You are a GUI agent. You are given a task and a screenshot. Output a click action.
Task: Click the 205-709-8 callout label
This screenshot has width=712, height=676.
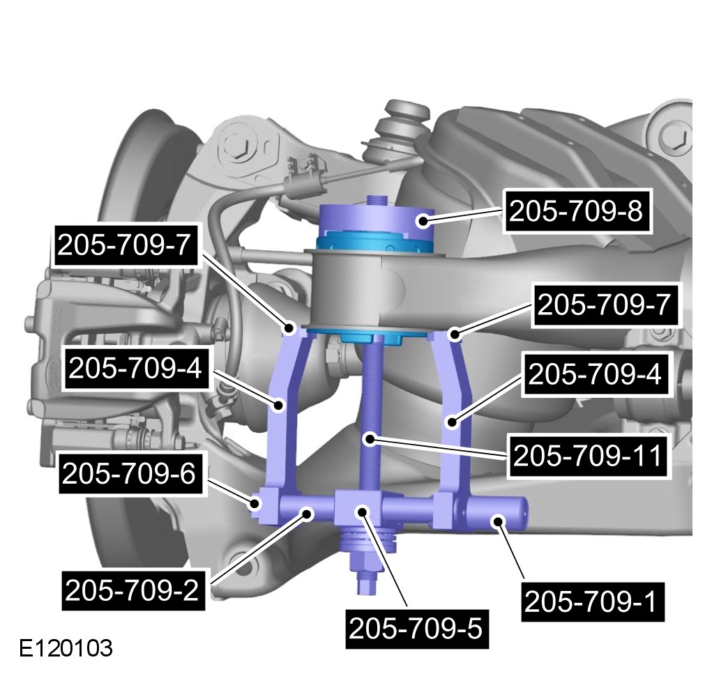[x=576, y=210]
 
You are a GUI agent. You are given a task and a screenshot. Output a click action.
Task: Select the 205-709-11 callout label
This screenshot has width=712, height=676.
[x=588, y=456]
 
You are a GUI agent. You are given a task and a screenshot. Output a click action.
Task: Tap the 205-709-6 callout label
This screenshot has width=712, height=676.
[x=129, y=473]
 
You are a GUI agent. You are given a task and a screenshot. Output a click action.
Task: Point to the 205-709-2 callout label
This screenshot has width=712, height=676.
[x=132, y=590]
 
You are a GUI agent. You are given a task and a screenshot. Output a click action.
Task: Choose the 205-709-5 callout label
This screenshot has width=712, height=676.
[x=416, y=629]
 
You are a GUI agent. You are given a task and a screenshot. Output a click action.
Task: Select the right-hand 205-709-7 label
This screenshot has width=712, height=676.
[x=605, y=305]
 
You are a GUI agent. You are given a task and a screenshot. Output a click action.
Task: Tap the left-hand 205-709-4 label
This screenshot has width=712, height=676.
[x=135, y=368]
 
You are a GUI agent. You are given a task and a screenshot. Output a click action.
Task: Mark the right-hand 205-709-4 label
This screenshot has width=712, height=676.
[x=595, y=375]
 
